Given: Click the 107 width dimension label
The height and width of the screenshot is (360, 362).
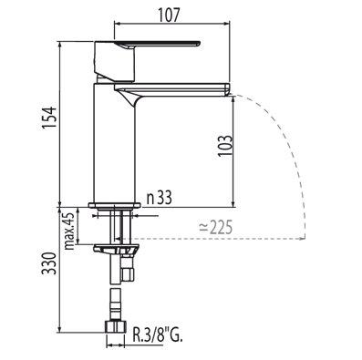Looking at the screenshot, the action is (169, 15).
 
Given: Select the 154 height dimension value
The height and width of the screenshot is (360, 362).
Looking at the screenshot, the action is (50, 118).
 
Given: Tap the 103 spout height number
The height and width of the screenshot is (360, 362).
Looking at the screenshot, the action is (225, 145).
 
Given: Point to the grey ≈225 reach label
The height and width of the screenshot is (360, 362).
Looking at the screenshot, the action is (215, 227).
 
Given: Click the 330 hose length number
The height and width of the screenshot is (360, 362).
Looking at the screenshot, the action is (49, 263).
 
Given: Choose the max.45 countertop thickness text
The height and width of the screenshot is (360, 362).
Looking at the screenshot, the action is (69, 231).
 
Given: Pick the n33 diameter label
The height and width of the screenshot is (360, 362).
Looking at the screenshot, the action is (160, 198).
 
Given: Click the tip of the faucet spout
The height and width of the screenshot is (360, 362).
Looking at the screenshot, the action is (228, 89).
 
